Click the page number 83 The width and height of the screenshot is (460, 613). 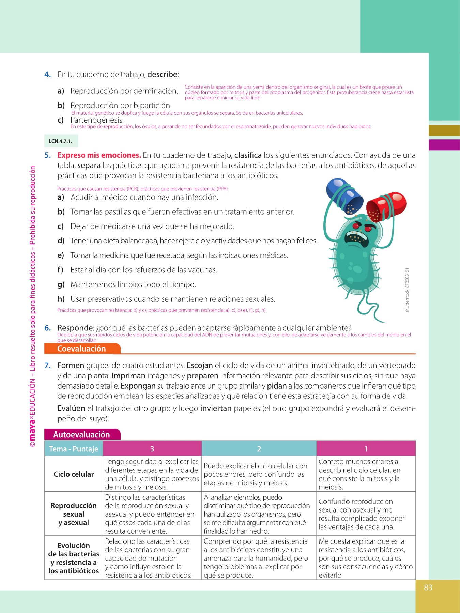(428, 587)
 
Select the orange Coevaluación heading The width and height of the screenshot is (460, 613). (82, 349)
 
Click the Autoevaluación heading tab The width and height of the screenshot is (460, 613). (82, 435)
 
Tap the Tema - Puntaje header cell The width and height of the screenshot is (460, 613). (74, 449)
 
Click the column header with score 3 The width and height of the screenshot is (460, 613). (152, 449)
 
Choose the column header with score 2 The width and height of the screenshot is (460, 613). (259, 449)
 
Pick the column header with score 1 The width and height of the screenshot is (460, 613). (366, 449)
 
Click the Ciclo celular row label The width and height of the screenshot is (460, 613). (74, 474)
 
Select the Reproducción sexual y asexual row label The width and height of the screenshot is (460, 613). (74, 514)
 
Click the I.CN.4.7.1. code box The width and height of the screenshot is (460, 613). (61, 141)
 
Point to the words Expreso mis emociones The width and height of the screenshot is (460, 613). (99, 155)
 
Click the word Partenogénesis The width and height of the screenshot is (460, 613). (97, 120)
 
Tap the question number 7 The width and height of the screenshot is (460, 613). (48, 366)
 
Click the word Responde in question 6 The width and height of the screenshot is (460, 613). (75, 328)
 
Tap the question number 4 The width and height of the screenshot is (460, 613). (48, 75)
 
